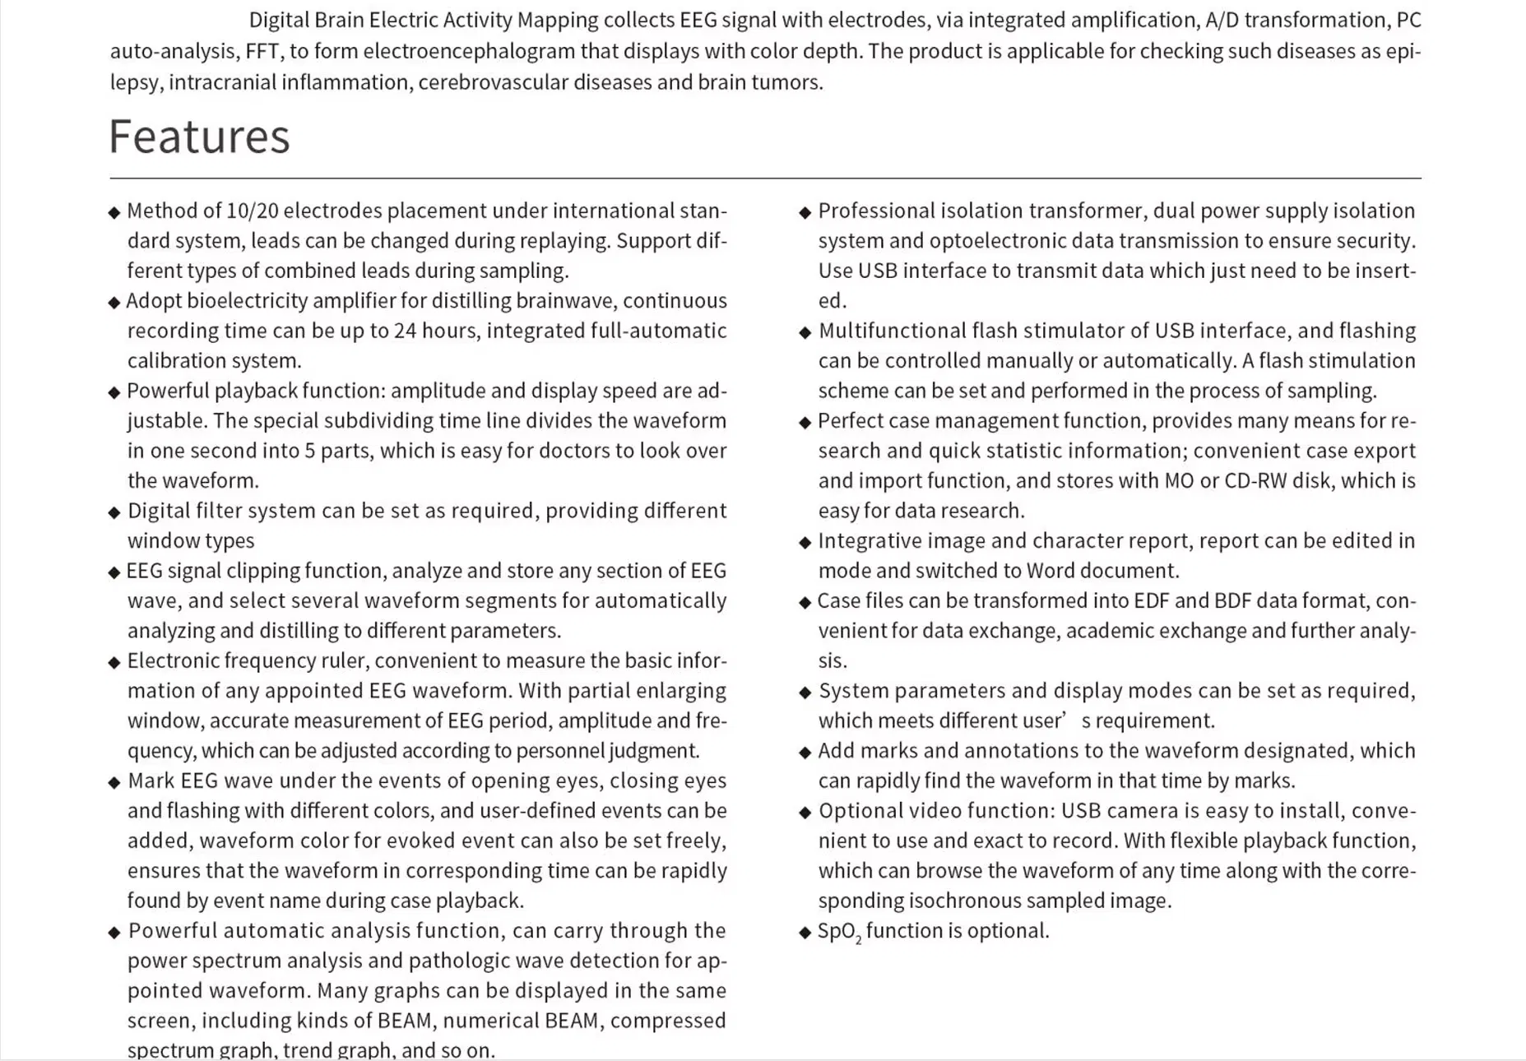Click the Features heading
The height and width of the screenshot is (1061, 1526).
pos(199,137)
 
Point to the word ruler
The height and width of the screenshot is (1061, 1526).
pos(338,661)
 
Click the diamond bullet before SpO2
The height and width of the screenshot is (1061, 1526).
pos(805,933)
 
